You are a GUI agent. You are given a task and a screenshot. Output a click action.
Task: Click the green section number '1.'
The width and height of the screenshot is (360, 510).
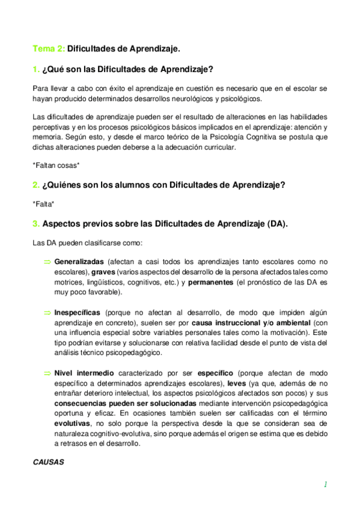[36, 69]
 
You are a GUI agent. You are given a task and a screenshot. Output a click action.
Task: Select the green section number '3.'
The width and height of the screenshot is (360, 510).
[36, 224]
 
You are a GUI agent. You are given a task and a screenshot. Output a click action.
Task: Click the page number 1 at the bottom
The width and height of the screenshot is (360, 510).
[325, 484]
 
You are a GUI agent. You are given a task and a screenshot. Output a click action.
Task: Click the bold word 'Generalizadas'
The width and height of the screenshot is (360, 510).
[79, 262]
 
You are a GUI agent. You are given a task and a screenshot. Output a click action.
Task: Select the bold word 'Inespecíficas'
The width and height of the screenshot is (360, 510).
[78, 313]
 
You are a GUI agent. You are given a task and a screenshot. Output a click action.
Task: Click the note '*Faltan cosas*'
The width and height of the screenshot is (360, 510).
[56, 164]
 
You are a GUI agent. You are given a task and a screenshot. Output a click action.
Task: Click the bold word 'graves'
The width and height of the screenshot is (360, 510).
[103, 272]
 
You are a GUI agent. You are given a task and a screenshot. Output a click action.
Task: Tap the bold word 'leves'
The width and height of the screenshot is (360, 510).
[237, 383]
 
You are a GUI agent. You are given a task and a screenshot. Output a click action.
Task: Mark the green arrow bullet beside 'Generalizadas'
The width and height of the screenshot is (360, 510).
[47, 262]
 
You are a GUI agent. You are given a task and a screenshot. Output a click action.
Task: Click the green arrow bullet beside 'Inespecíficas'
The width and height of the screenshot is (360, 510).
[47, 313]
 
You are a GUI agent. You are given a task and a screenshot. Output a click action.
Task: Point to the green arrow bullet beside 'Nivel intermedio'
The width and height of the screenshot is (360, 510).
[47, 373]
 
